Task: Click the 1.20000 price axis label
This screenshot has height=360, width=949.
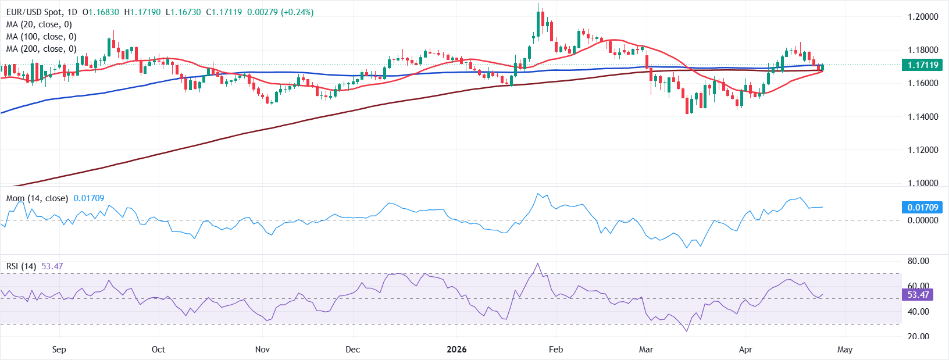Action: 923,17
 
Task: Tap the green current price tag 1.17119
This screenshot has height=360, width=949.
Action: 923,65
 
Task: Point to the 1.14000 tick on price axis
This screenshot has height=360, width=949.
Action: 923,117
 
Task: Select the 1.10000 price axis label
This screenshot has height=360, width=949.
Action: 923,183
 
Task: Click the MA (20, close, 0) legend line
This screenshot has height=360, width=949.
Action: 39,24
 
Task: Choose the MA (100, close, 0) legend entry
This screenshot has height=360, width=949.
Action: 41,37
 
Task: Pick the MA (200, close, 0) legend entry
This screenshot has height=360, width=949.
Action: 41,49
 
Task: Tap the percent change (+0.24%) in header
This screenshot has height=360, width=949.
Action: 297,12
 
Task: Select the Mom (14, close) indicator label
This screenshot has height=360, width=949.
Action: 37,198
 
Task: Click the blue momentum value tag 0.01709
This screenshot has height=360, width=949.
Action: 922,208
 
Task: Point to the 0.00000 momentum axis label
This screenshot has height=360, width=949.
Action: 923,220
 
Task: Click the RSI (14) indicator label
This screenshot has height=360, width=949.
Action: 21,266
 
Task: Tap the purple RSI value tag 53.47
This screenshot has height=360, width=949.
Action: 918,295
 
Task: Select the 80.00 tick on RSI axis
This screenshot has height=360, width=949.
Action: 918,261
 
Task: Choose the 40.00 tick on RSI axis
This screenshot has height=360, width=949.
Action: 918,312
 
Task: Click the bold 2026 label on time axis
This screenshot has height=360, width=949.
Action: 456,350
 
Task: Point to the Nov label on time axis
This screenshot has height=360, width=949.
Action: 262,350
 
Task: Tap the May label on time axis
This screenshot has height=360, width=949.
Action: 845,350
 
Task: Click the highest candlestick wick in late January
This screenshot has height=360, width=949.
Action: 538,5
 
